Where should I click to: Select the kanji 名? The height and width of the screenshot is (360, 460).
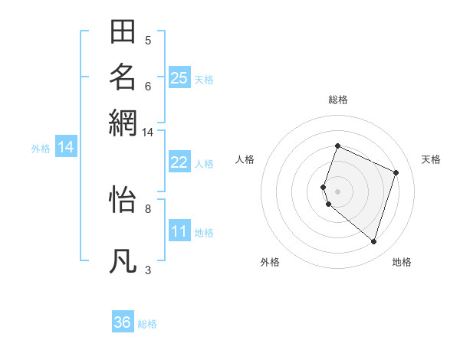click(123, 77)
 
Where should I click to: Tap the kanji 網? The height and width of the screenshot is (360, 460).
click(123, 122)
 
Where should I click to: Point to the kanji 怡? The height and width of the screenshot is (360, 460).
click(123, 201)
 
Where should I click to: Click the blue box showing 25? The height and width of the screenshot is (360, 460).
click(179, 77)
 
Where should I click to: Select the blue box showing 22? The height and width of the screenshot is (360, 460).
click(179, 162)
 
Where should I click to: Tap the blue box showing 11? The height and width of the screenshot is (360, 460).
click(179, 231)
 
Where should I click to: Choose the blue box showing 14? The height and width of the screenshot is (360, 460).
click(65, 147)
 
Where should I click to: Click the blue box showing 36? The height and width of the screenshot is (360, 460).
click(123, 322)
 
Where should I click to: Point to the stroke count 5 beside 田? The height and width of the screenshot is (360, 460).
click(148, 41)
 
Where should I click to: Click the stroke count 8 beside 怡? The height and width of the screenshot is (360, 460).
click(148, 208)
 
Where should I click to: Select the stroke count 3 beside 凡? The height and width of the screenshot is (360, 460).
click(148, 270)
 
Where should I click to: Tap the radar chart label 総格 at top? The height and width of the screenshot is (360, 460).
click(338, 100)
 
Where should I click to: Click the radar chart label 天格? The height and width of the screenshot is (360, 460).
click(431, 159)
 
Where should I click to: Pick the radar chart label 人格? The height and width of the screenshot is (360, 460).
click(245, 159)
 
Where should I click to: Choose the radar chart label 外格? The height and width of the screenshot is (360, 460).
click(270, 263)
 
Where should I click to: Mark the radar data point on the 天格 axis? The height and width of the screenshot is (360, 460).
click(396, 172)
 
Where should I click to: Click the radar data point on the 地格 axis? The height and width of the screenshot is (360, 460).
click(373, 241)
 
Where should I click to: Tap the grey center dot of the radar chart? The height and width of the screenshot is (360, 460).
click(338, 191)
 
